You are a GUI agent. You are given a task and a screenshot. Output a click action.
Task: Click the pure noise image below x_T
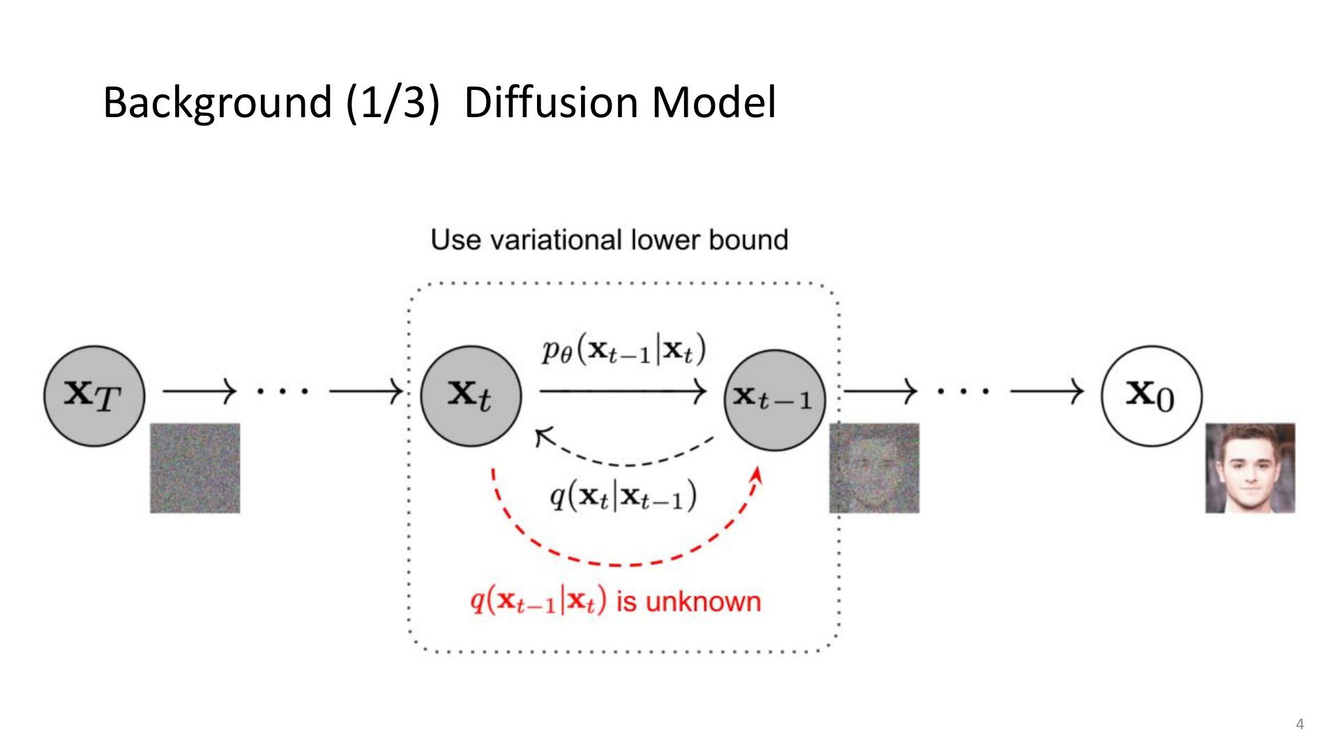coord(195,468)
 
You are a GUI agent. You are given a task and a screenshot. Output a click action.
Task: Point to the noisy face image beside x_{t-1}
coord(875,468)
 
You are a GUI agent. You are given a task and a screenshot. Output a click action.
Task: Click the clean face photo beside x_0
coord(1250,468)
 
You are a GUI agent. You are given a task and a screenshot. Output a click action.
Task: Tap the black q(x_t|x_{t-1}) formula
coord(623,496)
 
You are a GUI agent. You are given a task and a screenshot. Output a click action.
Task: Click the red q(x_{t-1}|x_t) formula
coord(538,600)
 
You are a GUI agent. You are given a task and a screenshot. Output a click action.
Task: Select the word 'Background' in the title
coord(217,103)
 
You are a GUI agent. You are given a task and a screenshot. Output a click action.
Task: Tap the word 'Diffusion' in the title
coord(552,102)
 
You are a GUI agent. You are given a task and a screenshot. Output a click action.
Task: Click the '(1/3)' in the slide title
coord(393,102)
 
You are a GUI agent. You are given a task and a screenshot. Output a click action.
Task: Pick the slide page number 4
coord(1300,724)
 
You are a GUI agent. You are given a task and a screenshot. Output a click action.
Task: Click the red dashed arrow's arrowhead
coord(757,476)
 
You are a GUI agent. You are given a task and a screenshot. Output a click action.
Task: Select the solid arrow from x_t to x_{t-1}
coord(623,392)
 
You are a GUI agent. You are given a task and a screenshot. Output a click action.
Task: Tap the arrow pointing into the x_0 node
coord(1047,392)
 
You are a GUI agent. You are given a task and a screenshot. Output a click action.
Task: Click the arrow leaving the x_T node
coord(200,392)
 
